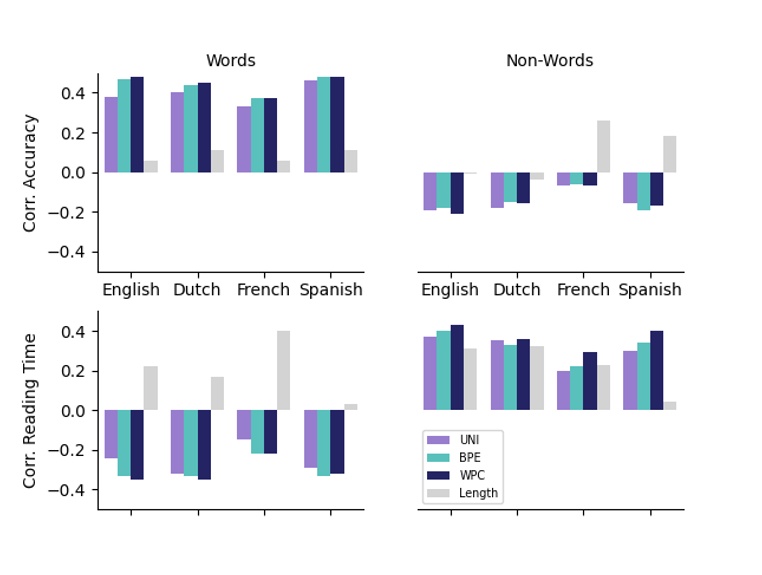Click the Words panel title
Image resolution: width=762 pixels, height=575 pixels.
[230, 61]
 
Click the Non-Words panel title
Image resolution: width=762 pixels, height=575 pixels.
[549, 61]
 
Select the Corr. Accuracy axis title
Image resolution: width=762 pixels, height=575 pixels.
[30, 172]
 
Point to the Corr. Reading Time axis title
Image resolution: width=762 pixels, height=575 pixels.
[30, 410]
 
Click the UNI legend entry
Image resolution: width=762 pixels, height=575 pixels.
[465, 439]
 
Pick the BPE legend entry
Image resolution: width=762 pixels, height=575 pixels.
[465, 457]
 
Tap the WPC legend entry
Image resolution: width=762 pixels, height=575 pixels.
[465, 475]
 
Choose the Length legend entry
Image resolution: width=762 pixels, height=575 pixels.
[472, 493]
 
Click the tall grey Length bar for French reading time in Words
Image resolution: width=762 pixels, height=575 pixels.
[284, 370]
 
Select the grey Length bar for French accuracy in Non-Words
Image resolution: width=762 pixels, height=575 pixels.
[603, 146]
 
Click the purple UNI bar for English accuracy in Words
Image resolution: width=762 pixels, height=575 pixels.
[111, 135]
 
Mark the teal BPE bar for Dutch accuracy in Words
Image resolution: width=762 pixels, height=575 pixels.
[191, 129]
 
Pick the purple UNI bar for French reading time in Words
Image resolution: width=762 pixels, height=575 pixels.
[244, 424]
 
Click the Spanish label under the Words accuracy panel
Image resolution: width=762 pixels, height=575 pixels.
[331, 290]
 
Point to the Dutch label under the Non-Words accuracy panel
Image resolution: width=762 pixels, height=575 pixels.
[517, 290]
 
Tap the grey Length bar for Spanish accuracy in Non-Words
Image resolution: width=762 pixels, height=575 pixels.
[670, 154]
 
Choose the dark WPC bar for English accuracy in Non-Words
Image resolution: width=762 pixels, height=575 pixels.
[457, 193]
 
